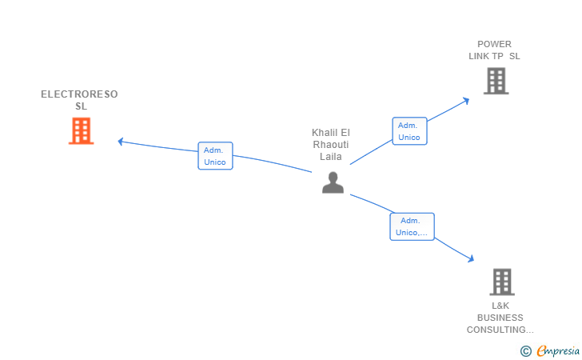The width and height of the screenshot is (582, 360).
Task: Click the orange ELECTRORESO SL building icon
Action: pyautogui.click(x=82, y=130)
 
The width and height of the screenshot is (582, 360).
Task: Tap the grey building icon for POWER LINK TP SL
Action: pyautogui.click(x=496, y=81)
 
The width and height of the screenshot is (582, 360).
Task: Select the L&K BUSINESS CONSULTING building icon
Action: pyautogui.click(x=502, y=282)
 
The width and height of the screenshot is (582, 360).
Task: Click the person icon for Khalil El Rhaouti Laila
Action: pyautogui.click(x=333, y=182)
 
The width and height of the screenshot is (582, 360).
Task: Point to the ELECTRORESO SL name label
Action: pyautogui.click(x=79, y=100)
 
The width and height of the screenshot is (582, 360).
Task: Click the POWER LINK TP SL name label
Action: pyautogui.click(x=494, y=50)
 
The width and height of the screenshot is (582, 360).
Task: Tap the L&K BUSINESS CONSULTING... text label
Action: pyautogui.click(x=500, y=318)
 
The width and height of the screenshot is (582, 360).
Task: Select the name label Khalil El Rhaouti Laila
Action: pyautogui.click(x=331, y=145)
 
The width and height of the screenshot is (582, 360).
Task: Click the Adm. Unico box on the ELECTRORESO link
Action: pyautogui.click(x=215, y=156)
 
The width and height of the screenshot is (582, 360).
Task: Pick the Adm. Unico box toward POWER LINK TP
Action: pyautogui.click(x=410, y=131)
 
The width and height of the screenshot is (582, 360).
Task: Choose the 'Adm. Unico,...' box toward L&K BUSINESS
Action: pyautogui.click(x=412, y=226)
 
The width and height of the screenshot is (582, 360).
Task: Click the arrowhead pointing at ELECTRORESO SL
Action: pyautogui.click(x=120, y=141)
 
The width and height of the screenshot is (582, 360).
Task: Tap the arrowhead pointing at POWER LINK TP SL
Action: pyautogui.click(x=466, y=101)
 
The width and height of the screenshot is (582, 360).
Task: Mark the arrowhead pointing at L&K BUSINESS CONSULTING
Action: pyautogui.click(x=471, y=258)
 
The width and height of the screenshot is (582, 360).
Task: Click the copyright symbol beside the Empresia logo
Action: pyautogui.click(x=525, y=351)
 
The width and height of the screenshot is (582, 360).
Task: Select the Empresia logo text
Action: pyautogui.click(x=558, y=350)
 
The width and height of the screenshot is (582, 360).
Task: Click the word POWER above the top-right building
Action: pyautogui.click(x=494, y=44)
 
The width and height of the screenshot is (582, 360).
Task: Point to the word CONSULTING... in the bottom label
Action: pyautogui.click(x=500, y=330)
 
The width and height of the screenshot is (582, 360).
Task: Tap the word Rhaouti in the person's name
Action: pyautogui.click(x=331, y=145)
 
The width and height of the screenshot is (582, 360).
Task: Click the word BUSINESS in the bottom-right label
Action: pyautogui.click(x=500, y=318)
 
